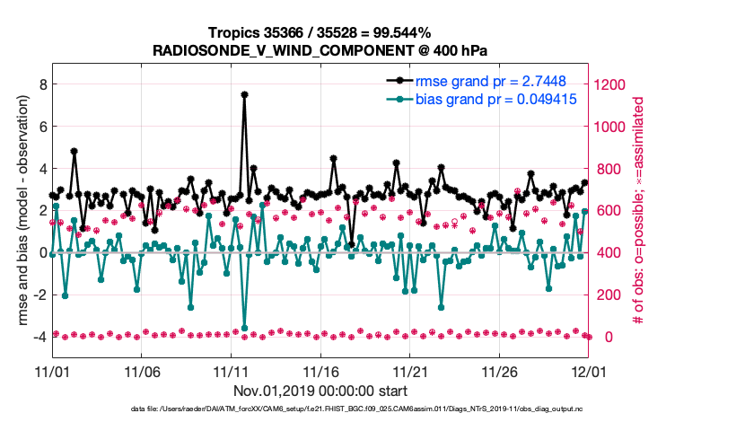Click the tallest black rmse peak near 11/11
pyautogui.click(x=244, y=94)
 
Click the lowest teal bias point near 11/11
pyautogui.click(x=244, y=328)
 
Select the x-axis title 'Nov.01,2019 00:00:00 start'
pyautogui.click(x=320, y=391)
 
